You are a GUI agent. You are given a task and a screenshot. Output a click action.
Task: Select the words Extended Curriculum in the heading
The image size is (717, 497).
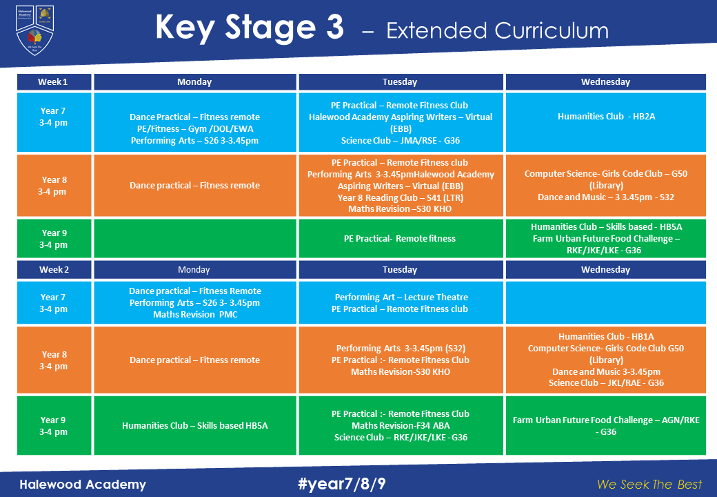497,30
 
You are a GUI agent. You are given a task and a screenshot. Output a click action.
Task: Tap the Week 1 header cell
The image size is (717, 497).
53,82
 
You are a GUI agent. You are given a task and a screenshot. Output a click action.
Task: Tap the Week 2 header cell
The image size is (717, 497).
53,270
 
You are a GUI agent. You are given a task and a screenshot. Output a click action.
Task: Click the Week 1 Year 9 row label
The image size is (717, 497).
53,239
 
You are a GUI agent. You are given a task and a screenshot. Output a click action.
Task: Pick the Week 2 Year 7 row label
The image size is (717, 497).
53,303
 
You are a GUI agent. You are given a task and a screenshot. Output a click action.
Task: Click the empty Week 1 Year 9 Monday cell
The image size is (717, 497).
194,239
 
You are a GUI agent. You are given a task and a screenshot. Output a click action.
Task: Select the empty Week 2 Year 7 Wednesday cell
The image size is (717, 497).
605,303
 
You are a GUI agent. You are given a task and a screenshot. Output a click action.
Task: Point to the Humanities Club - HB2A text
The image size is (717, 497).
606,117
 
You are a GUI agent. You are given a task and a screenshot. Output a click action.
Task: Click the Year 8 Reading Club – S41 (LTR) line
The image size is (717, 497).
399,197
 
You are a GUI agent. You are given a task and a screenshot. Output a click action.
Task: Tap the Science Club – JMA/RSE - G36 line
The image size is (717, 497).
400,141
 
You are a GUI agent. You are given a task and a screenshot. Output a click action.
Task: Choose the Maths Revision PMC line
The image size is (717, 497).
194,315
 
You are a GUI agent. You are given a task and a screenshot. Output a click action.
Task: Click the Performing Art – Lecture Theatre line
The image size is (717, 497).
400,298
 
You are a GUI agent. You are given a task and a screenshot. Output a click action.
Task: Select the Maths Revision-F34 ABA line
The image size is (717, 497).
400,425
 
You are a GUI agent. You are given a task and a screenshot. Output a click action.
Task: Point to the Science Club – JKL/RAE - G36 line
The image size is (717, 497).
606,383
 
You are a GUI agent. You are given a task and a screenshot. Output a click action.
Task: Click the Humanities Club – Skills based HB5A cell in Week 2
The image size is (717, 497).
194,425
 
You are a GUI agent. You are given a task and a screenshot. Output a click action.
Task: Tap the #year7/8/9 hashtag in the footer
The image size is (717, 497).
342,484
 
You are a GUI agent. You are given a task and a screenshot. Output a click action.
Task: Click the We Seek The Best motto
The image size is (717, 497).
649,484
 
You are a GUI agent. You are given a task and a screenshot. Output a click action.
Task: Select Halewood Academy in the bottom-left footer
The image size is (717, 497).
82,484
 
